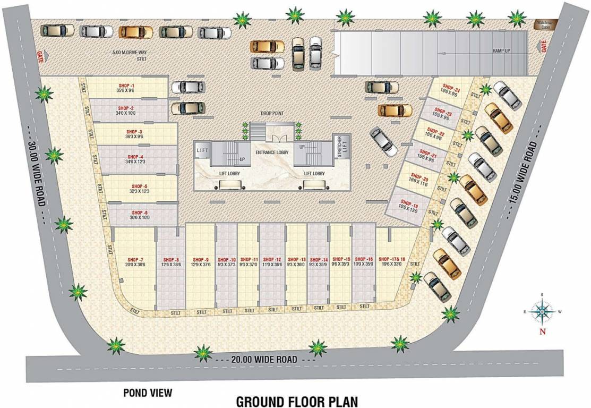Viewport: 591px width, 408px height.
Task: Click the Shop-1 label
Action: click(x=126, y=86)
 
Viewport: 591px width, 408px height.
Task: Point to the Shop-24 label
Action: click(x=449, y=87)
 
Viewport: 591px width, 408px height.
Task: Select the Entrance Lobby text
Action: click(x=271, y=153)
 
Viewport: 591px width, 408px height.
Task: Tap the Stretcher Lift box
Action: click(x=337, y=148)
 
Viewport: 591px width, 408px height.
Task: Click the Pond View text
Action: click(x=148, y=393)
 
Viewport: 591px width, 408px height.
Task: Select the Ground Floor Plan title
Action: click(x=297, y=401)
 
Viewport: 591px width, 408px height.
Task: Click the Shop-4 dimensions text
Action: click(x=135, y=161)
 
